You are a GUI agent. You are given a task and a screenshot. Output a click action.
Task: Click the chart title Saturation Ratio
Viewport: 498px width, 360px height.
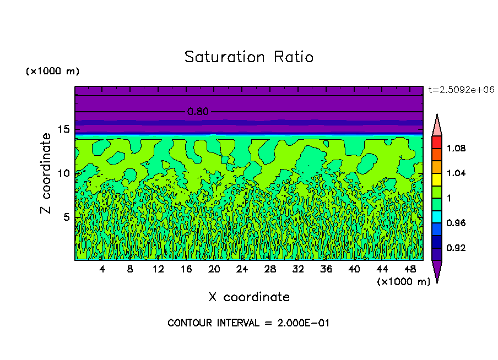(248, 57)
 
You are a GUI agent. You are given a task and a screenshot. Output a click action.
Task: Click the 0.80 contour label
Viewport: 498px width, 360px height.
(198, 112)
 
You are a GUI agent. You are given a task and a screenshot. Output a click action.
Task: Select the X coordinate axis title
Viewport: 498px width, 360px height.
(249, 297)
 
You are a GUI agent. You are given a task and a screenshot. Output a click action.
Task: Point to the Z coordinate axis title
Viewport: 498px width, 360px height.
(46, 173)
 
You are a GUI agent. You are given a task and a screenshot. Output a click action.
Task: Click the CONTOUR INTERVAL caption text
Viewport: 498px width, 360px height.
(248, 323)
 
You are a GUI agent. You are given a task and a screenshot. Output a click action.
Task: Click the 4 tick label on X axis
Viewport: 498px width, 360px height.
(102, 270)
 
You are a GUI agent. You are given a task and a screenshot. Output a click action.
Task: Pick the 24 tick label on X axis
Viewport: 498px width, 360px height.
(242, 270)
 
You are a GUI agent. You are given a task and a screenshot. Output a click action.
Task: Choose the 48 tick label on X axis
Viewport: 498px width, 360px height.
(409, 270)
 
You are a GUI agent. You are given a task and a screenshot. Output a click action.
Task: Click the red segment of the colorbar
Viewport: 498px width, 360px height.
(437, 142)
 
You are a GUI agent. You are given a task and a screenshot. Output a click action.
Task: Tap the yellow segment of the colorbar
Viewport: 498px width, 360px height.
(437, 179)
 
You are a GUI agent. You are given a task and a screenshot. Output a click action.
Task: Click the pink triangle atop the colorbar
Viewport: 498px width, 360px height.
(437, 126)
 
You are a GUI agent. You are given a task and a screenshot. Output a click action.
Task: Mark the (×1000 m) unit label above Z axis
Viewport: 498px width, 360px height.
(52, 72)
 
